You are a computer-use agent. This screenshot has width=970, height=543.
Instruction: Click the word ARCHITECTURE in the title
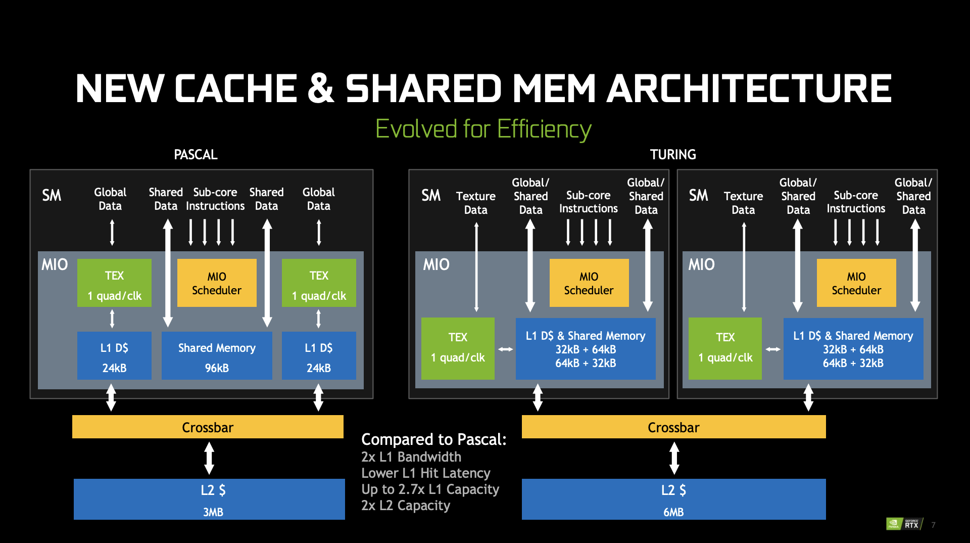point(749,88)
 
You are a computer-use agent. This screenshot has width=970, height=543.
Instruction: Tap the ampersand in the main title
point(321,88)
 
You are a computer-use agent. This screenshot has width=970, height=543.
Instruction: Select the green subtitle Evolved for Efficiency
point(483,129)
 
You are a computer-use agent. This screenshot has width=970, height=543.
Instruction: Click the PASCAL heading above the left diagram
point(196,155)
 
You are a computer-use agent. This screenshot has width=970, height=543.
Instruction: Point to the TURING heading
point(673,155)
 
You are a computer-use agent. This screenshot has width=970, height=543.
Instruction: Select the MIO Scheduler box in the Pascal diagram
point(217,283)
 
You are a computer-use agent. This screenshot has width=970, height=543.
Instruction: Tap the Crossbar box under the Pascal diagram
point(208,427)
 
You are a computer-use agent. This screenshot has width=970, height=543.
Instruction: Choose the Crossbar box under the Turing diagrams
point(673,427)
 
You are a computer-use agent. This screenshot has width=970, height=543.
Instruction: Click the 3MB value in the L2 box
point(213,512)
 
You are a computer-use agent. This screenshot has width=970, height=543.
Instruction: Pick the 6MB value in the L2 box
point(673,512)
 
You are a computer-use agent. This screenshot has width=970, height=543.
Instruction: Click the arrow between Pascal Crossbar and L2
point(209,458)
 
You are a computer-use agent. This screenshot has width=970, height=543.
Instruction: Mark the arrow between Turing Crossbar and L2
point(674,458)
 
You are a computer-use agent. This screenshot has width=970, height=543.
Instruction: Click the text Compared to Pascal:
point(433,439)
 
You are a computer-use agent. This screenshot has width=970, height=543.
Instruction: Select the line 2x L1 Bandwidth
point(411,457)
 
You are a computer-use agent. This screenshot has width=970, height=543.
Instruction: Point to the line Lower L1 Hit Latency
point(425,473)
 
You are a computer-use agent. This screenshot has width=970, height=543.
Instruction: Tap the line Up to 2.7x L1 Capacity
point(430,489)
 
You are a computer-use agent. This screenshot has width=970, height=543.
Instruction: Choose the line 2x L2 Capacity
point(405,506)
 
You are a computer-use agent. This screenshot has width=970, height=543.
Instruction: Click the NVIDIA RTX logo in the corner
point(904,524)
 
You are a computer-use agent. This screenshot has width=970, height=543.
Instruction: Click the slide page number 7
point(933,525)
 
